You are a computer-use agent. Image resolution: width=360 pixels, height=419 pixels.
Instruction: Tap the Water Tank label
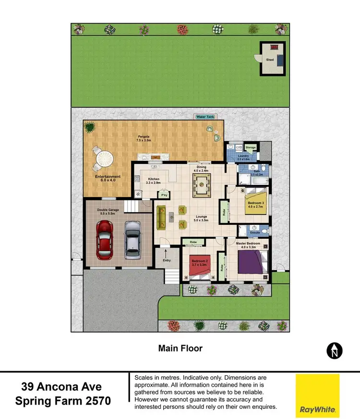click(x=205, y=117)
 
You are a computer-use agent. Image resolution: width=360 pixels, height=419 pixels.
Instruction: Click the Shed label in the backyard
click(x=270, y=60)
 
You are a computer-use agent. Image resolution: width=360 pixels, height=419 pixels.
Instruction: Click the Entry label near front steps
click(x=167, y=260)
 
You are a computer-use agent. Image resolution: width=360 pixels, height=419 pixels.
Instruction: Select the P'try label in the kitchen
click(x=164, y=195)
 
